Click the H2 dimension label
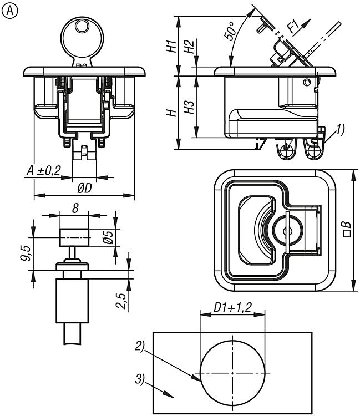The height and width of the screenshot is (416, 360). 189,47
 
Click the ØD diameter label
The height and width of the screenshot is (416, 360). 84,189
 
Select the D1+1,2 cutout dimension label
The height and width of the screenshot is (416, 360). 232,306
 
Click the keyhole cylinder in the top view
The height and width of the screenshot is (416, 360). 287,229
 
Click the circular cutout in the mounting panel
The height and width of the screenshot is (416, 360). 232,373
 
